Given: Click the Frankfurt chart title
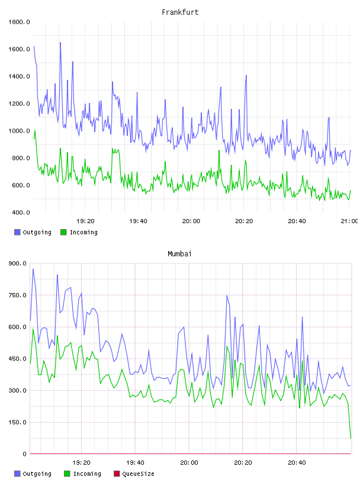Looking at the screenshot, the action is [x=180, y=12].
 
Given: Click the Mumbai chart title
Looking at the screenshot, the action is [x=179, y=254].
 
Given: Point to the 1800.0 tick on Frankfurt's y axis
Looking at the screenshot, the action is [x=19, y=22].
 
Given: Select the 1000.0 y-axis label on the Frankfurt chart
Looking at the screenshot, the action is [x=19, y=131].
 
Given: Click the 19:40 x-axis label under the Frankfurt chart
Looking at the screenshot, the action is [x=138, y=221].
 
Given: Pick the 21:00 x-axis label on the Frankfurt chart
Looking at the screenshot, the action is [x=349, y=221].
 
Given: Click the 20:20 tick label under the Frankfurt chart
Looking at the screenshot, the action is [x=244, y=221].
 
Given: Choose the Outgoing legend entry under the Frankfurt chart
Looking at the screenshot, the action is [x=33, y=232].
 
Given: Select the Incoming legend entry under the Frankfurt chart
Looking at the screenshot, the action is [x=79, y=232].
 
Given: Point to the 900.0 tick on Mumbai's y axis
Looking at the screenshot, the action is [x=18, y=263].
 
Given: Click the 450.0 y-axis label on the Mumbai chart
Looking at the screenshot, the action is [x=18, y=359].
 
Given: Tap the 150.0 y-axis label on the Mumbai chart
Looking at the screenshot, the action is [x=18, y=422].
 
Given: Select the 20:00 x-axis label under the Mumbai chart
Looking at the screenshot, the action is [x=189, y=463].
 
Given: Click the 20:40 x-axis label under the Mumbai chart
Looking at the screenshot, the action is [x=297, y=463].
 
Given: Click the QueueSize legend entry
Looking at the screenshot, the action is [x=134, y=474].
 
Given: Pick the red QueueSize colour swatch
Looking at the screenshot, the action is [x=117, y=474].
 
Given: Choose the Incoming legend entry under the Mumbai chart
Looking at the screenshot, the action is [x=83, y=474].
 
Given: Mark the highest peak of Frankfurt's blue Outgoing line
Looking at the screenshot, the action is [x=60, y=43].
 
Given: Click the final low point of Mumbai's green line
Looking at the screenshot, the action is [x=351, y=438].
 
